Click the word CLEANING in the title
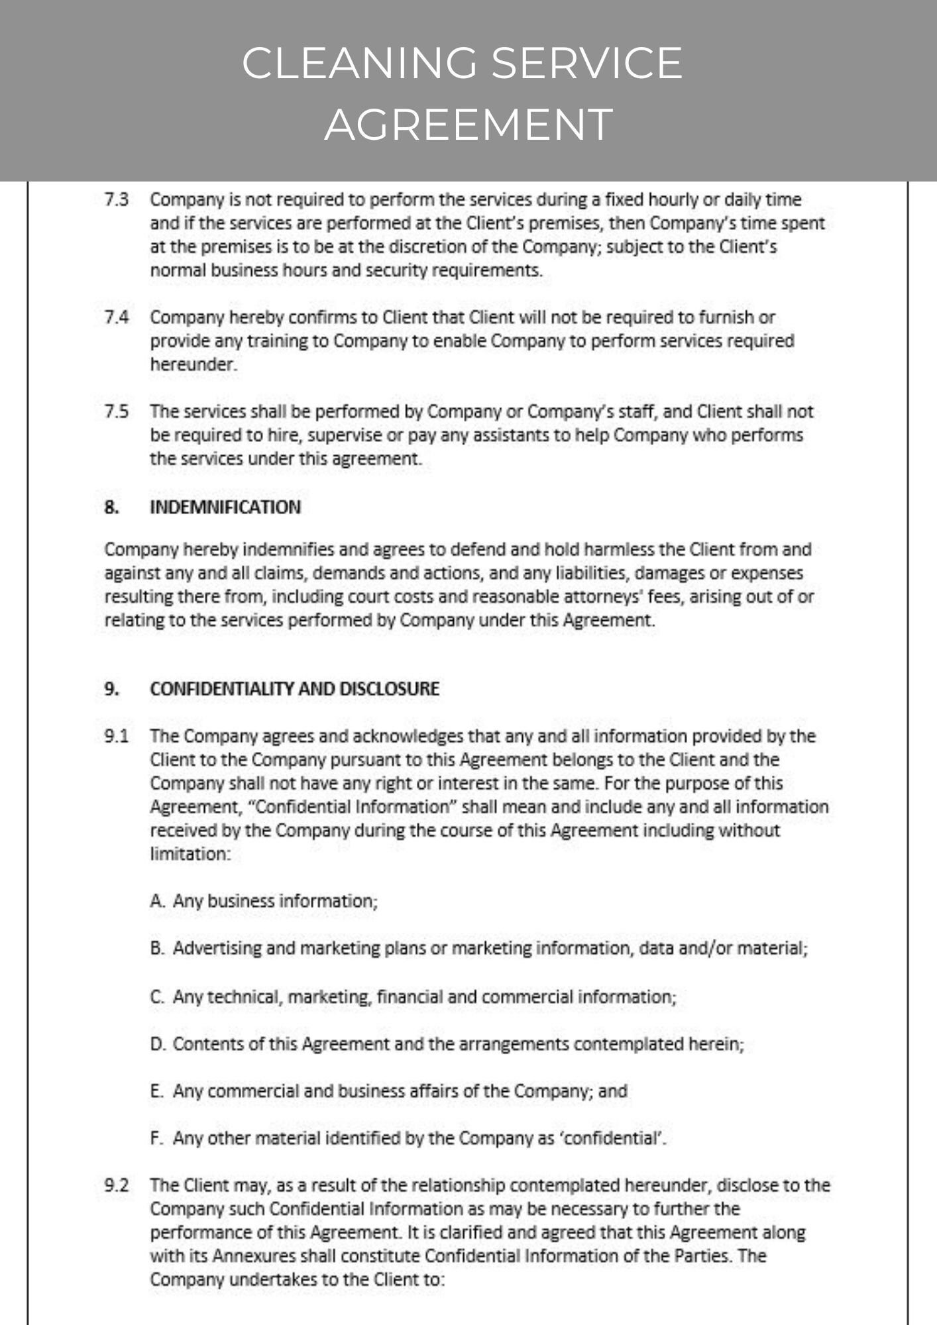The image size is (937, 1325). coord(358,64)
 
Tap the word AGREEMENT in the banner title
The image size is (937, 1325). coord(468,125)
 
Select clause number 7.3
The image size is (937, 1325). coord(117,199)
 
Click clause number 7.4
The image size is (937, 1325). coord(117,317)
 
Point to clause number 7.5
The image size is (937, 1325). coord(117,411)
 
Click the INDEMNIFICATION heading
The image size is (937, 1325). coord(225,507)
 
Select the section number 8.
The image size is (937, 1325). coord(111,507)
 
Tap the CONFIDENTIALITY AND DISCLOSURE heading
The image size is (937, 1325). coord(294,689)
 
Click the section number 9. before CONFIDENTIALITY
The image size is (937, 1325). coord(111,689)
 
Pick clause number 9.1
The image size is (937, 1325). coord(117,736)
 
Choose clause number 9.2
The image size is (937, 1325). coord(117,1185)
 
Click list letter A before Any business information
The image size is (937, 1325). coord(156,901)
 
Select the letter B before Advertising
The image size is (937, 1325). coord(156,948)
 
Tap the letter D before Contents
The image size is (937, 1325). coord(157,1044)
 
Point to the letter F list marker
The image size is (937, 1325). coord(156,1138)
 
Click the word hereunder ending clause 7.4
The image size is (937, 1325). coord(193,364)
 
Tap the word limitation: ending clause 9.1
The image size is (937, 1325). coord(190,854)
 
